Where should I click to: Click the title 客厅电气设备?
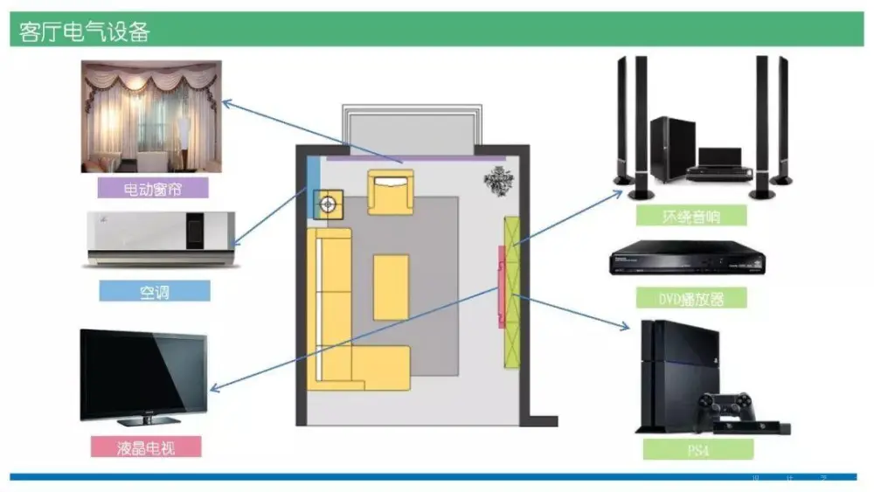pyautogui.click(x=86, y=32)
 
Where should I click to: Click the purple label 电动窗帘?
pyautogui.click(x=152, y=188)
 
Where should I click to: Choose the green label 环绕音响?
pyautogui.click(x=691, y=215)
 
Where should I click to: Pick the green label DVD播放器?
pyautogui.click(x=691, y=299)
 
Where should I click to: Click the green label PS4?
pyautogui.click(x=697, y=450)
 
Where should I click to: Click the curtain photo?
pyautogui.click(x=151, y=116)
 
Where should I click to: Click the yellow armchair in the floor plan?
pyautogui.click(x=390, y=191)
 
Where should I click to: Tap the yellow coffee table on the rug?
pyautogui.click(x=391, y=287)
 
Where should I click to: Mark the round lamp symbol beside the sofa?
pyautogui.click(x=328, y=204)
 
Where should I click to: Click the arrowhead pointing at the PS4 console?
pyautogui.click(x=626, y=328)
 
